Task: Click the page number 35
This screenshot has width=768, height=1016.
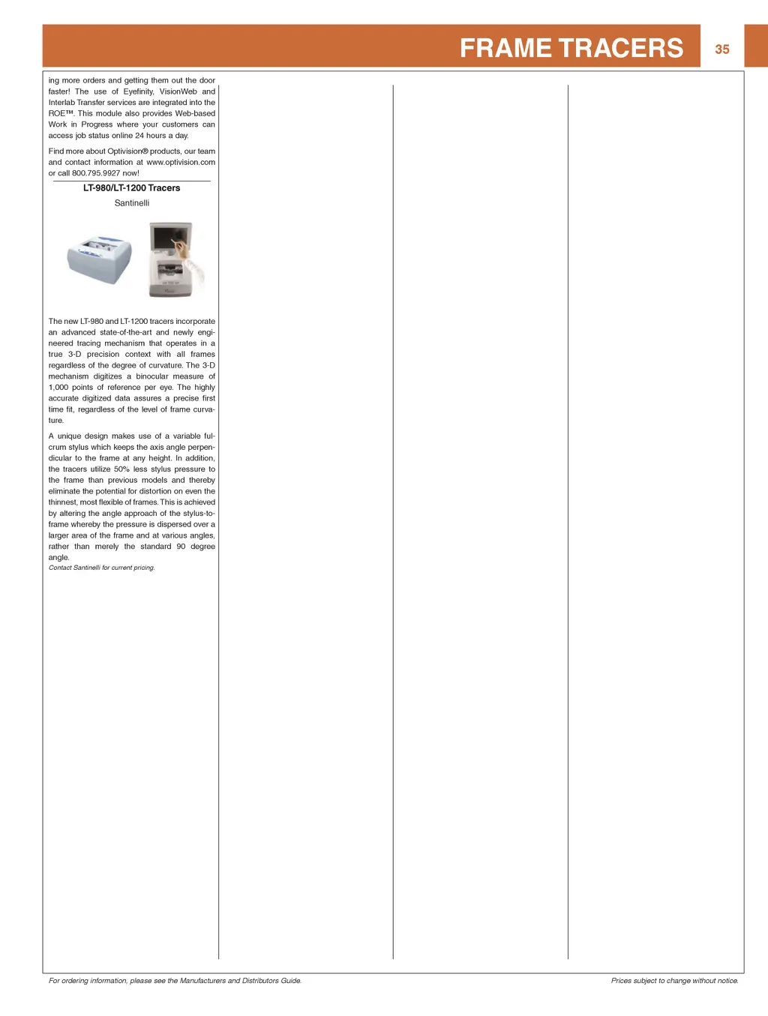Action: tap(721, 49)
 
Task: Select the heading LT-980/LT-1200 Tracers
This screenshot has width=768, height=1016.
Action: tap(131, 188)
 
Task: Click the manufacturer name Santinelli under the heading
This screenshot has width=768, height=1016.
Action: tap(132, 203)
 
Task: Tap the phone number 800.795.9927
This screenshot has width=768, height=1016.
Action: tap(96, 173)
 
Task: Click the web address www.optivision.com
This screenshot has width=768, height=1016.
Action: tap(181, 162)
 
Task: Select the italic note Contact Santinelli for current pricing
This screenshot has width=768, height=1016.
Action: tap(102, 568)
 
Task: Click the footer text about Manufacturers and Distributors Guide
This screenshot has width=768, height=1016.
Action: tap(175, 981)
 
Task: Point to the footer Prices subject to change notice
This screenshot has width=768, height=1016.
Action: tap(674, 981)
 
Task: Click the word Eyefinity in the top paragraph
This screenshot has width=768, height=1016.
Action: tap(138, 91)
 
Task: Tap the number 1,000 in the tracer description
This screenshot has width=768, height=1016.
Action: tap(58, 388)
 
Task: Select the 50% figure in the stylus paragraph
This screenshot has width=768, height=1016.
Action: tap(121, 469)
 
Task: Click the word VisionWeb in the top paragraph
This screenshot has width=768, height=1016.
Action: tap(178, 91)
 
